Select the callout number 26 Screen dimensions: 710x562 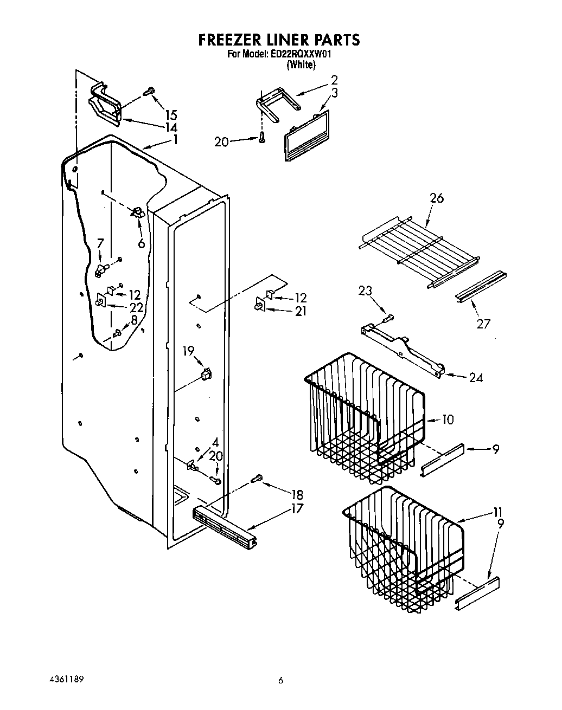pos(436,198)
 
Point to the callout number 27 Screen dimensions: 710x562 pos(483,324)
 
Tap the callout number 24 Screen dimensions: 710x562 pos(476,378)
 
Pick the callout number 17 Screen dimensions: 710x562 pos(297,509)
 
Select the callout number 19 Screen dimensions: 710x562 pos(188,351)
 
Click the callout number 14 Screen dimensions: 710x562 pos(171,128)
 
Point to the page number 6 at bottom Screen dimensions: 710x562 pos(280,681)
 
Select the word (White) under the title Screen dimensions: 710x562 pos(300,64)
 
